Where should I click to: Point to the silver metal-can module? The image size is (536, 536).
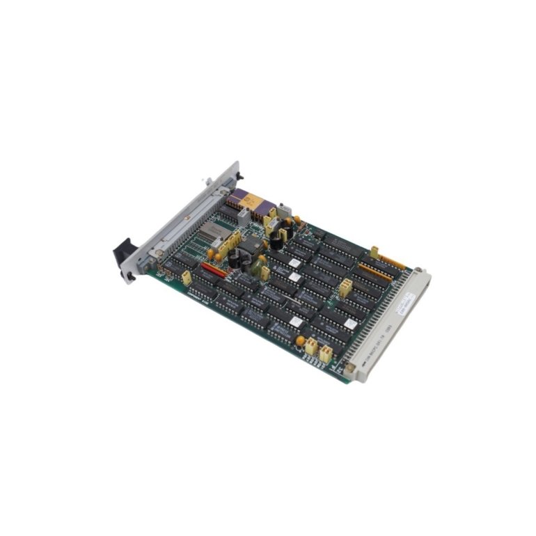(208, 236)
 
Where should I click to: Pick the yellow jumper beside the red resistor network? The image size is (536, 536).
(187, 278)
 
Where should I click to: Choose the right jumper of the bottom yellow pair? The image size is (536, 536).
(326, 353)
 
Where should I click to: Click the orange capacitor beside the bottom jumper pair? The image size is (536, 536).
(301, 340)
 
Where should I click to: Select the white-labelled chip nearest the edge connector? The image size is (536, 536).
(296, 322)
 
